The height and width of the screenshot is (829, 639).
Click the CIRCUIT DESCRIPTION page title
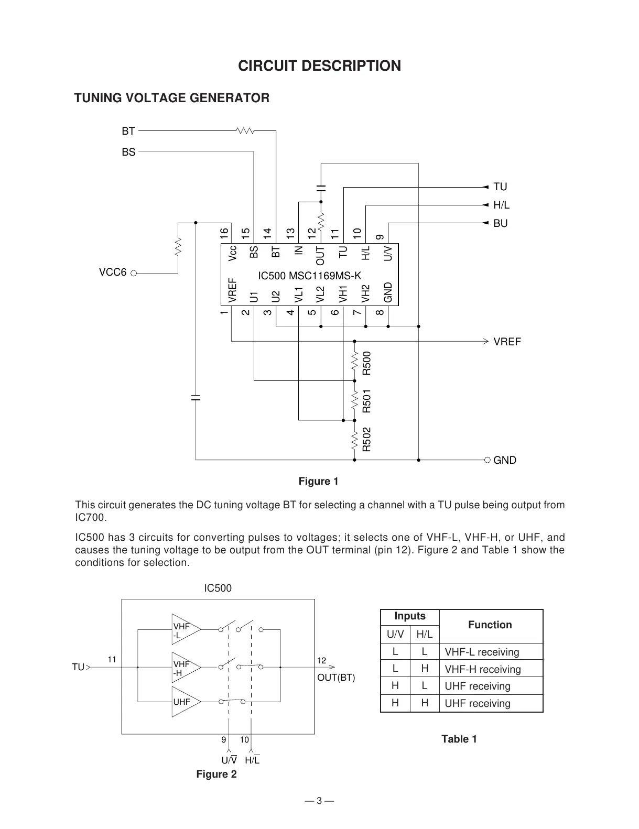pyautogui.click(x=319, y=66)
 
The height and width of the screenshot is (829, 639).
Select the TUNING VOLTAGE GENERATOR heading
pyautogui.click(x=172, y=98)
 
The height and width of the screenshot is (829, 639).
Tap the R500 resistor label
pyautogui.click(x=367, y=363)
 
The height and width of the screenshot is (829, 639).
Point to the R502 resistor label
pyautogui.click(x=367, y=440)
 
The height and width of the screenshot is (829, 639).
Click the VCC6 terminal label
pyautogui.click(x=113, y=272)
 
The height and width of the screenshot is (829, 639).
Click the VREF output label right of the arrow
pyautogui.click(x=507, y=342)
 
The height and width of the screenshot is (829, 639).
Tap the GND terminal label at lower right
pyautogui.click(x=505, y=460)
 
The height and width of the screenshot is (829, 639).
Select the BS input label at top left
pyautogui.click(x=128, y=152)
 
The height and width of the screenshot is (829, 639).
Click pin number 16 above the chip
pyautogui.click(x=224, y=232)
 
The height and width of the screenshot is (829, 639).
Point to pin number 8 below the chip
pyautogui.click(x=381, y=312)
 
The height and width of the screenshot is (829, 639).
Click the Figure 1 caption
pyautogui.click(x=318, y=481)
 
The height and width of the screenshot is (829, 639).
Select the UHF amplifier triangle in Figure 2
pyautogui.click(x=185, y=701)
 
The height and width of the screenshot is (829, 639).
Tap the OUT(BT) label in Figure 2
pyautogui.click(x=336, y=678)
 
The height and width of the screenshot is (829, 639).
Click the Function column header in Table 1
pyautogui.click(x=490, y=625)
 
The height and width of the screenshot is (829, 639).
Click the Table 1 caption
pyautogui.click(x=459, y=739)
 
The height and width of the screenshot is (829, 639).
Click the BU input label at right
pyautogui.click(x=500, y=223)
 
